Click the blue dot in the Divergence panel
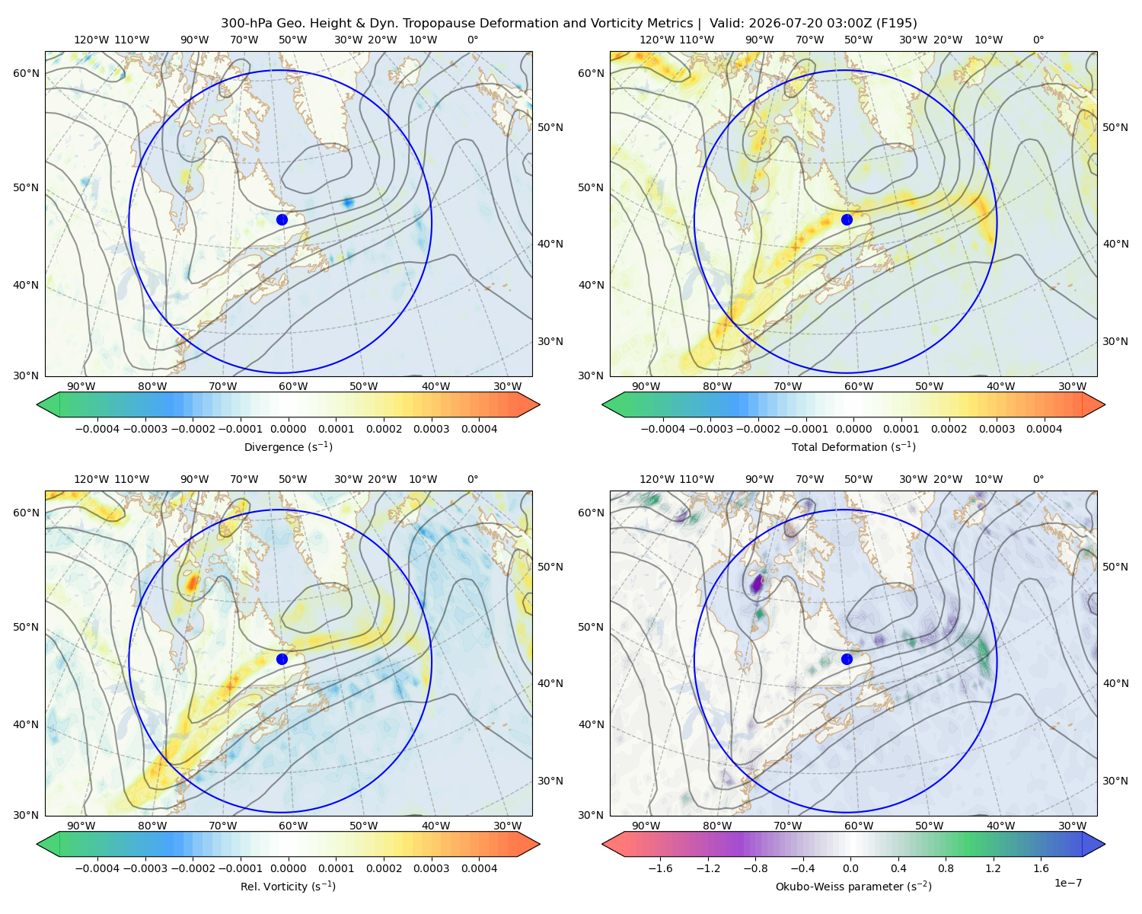282,219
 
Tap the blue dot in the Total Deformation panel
847,219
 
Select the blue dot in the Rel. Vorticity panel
282,659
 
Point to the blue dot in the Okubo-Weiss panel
847,659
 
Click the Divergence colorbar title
288,447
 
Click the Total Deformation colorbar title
853,447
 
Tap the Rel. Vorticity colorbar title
288,887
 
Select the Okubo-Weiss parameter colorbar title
853,887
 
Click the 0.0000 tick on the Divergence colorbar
288,429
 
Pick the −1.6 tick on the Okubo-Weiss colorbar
660,868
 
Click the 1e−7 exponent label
1067,883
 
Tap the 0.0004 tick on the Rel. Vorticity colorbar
479,868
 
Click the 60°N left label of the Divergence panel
26,73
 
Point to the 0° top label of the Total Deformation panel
1038,40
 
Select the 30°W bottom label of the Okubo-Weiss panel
1072,826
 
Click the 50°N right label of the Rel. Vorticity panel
550,567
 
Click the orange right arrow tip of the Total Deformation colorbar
1105,404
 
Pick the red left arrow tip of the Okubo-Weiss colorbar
602,844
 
